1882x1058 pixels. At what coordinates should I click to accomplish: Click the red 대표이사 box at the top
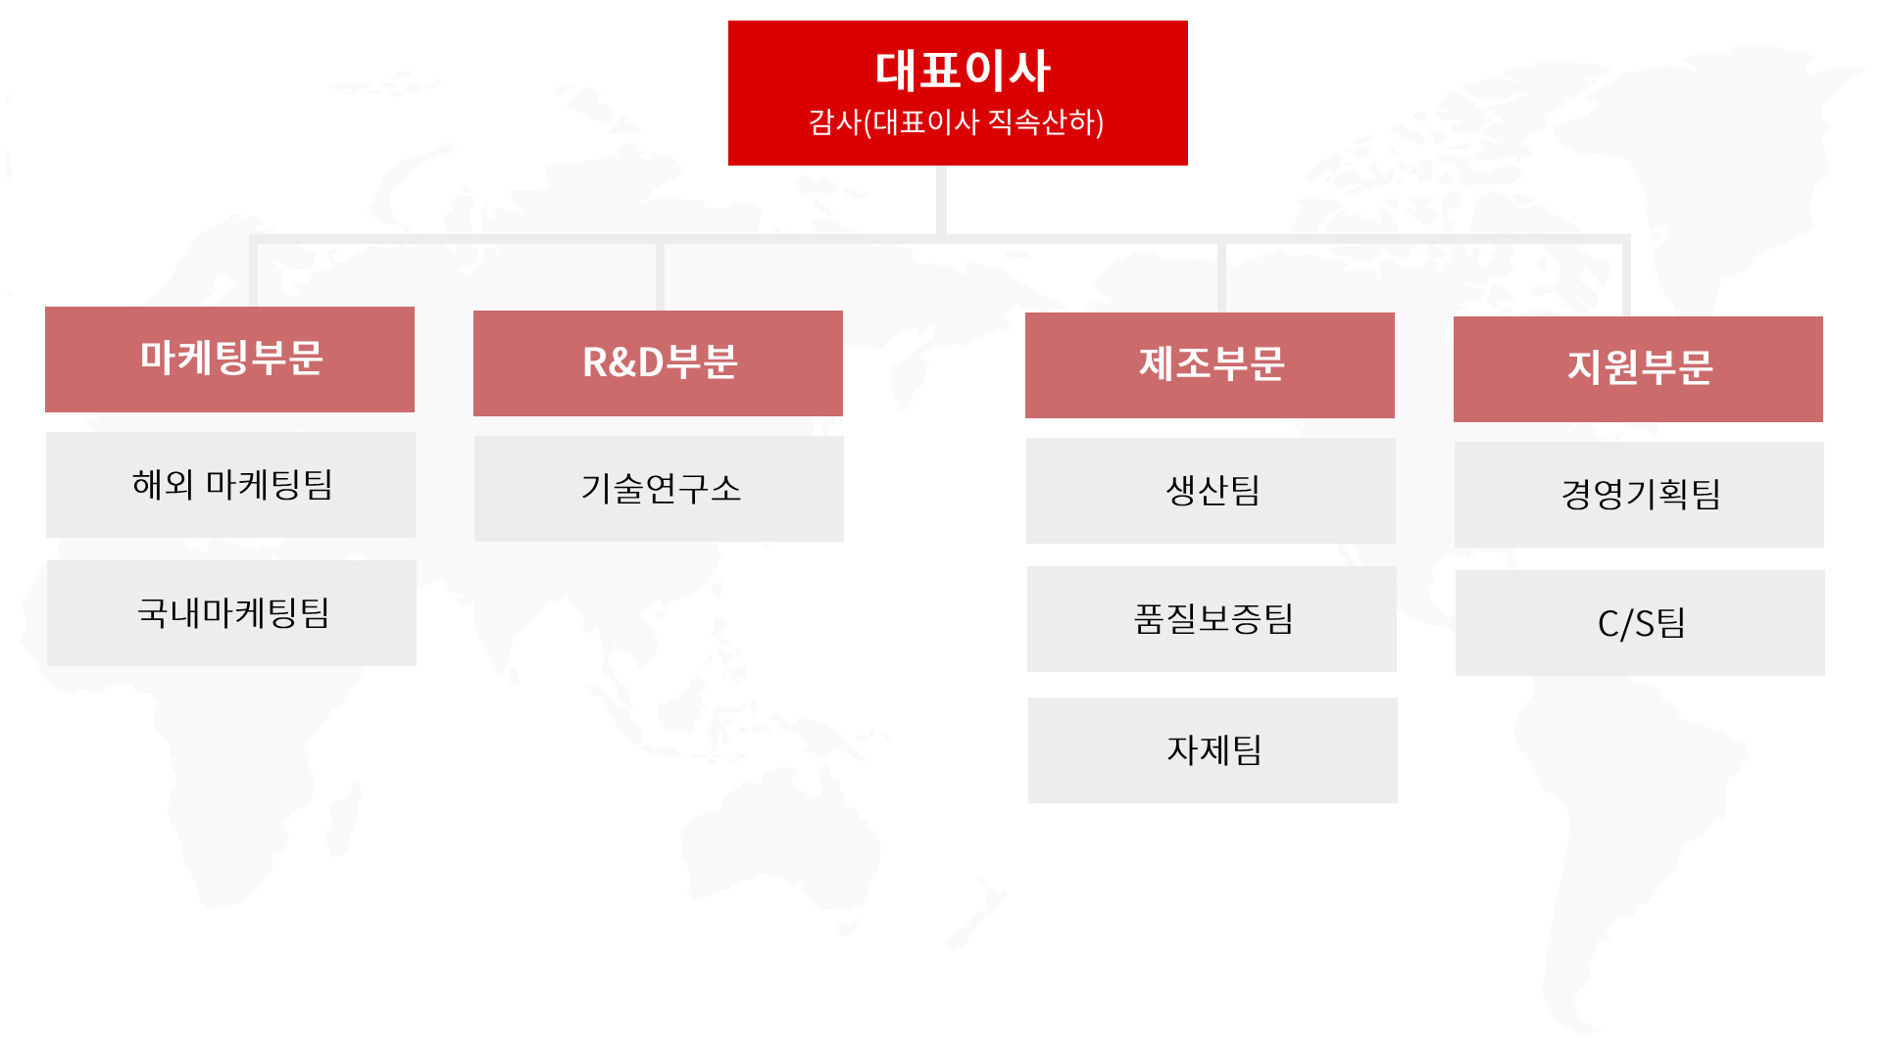pos(958,93)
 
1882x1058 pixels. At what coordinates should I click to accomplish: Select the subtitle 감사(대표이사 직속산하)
pos(957,122)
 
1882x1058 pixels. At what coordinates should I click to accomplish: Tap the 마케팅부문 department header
pos(229,360)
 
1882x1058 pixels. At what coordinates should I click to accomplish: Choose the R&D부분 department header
pos(658,363)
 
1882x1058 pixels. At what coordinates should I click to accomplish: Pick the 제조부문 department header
pos(1210,365)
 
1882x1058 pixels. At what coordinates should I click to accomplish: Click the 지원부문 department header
pos(1638,369)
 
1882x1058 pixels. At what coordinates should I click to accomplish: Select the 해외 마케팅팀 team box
pos(230,485)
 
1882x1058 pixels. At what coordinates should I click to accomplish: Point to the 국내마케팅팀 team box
pos(231,613)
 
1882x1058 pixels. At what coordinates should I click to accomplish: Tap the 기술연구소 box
pos(659,489)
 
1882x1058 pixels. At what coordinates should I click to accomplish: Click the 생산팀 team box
pos(1211,491)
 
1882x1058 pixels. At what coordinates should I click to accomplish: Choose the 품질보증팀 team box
pos(1212,619)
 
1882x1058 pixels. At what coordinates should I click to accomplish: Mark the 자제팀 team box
pos(1213,750)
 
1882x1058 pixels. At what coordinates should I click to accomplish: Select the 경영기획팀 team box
pos(1639,495)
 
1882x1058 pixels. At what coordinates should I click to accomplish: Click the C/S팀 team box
pos(1640,623)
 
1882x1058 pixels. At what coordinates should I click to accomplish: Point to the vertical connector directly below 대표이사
pos(941,201)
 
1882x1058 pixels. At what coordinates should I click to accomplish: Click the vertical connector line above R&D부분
pos(660,276)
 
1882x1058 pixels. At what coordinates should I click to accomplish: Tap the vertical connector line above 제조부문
pos(1221,277)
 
